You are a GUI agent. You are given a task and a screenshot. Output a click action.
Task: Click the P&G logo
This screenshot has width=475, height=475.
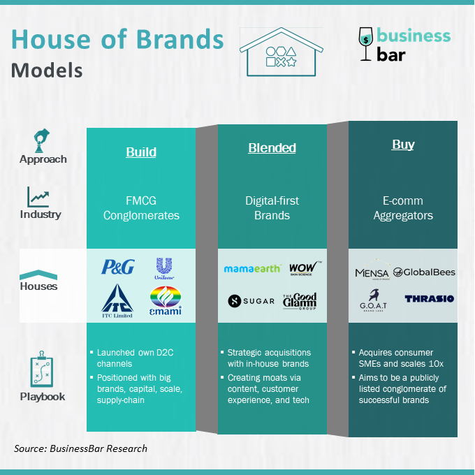[118, 267]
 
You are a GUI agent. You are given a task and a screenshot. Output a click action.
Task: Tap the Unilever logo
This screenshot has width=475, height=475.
[164, 268]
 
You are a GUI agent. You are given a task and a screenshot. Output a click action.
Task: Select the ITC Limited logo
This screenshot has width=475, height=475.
[117, 301]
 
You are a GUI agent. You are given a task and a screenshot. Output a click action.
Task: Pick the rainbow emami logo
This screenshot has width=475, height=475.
[166, 300]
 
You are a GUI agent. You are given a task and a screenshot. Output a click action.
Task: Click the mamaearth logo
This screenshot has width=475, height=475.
[252, 268]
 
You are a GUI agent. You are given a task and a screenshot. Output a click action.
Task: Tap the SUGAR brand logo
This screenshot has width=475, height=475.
[251, 301]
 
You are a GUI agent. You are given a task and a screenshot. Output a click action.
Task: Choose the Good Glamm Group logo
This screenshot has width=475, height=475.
[300, 301]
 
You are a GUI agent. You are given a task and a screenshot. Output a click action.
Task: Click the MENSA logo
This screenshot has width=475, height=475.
[372, 270]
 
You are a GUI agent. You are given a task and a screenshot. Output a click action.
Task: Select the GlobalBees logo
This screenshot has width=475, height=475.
[424, 272]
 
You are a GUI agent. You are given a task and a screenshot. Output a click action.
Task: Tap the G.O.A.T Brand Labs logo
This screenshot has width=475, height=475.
[374, 300]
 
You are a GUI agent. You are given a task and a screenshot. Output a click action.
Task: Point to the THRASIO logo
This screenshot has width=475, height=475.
[430, 299]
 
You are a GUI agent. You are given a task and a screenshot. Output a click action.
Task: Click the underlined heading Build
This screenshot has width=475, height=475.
[141, 152]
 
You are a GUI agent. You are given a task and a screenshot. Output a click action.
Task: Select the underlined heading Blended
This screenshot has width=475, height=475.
[272, 148]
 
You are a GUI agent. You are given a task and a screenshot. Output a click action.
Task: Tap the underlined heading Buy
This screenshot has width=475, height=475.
[403, 145]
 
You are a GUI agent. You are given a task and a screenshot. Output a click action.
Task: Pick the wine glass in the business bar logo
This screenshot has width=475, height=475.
[365, 44]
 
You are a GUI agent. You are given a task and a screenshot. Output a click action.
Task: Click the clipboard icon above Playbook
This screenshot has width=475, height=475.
[41, 369]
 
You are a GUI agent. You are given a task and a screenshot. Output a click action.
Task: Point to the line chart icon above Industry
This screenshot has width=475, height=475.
[38, 197]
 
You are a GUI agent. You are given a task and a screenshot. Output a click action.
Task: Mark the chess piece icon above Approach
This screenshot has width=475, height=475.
[41, 140]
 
